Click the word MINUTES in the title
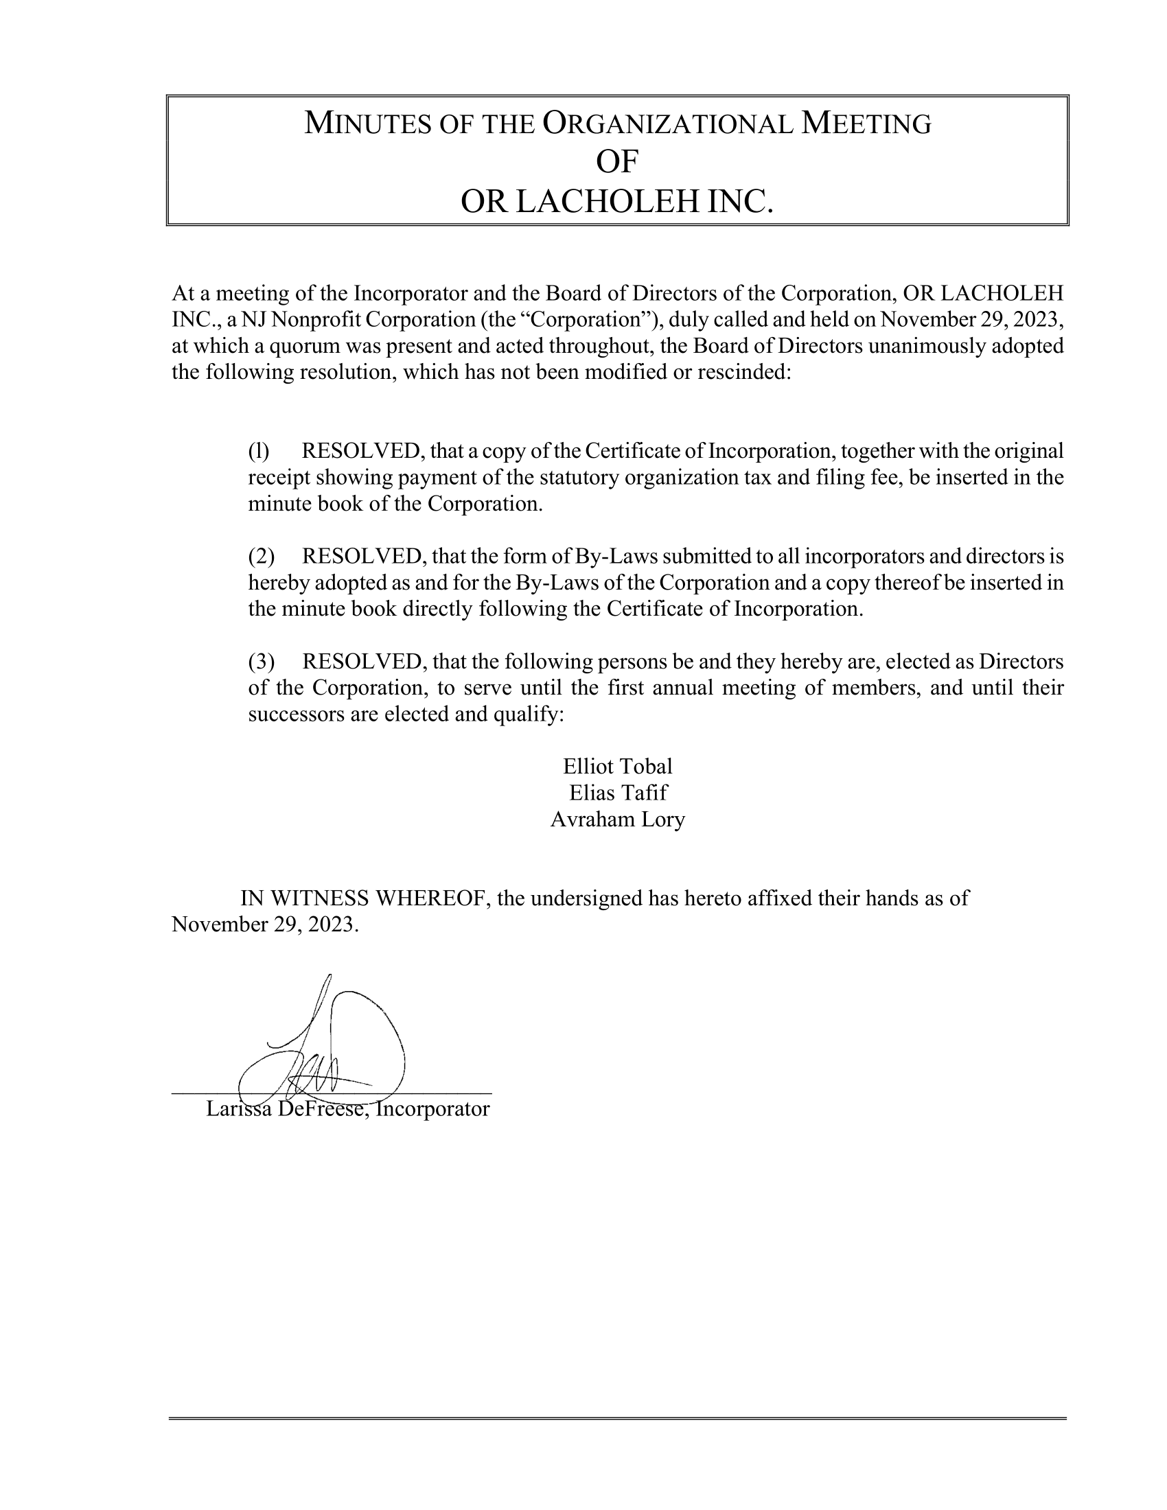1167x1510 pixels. [x=365, y=124]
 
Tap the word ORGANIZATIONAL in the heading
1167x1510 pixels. [x=667, y=124]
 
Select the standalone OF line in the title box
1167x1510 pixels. [x=616, y=163]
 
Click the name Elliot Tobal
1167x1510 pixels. [x=617, y=766]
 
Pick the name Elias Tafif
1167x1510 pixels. [x=618, y=792]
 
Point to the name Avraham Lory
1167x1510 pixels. [x=617, y=820]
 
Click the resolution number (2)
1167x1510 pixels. [x=262, y=557]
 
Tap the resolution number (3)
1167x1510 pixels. [x=262, y=662]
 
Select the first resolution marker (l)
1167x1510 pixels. [x=259, y=452]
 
